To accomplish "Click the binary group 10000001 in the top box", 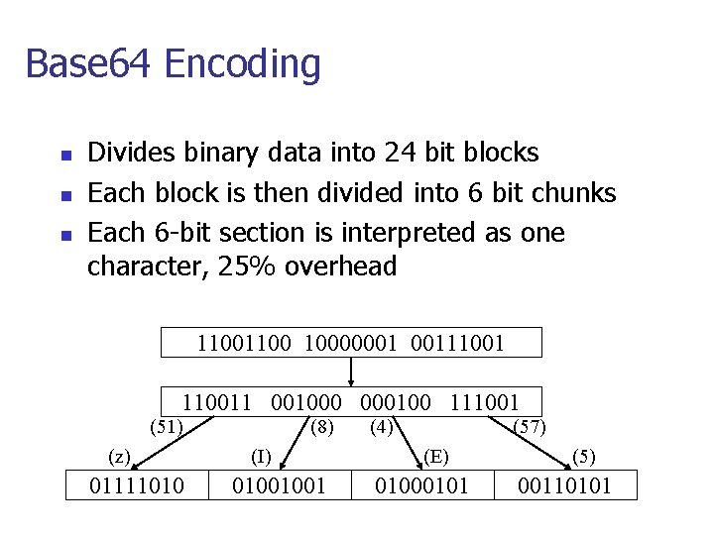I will [350, 343].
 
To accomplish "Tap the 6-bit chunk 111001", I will [484, 402].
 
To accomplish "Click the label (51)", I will [166, 428].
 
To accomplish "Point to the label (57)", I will [529, 428].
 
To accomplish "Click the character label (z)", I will [119, 457].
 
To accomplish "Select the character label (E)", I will [436, 457].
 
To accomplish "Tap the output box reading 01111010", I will [136, 485].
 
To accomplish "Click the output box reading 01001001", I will [280, 485].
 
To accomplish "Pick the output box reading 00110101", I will [565, 485].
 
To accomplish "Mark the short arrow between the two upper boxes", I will [351, 372].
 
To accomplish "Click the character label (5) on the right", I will [584, 457].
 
